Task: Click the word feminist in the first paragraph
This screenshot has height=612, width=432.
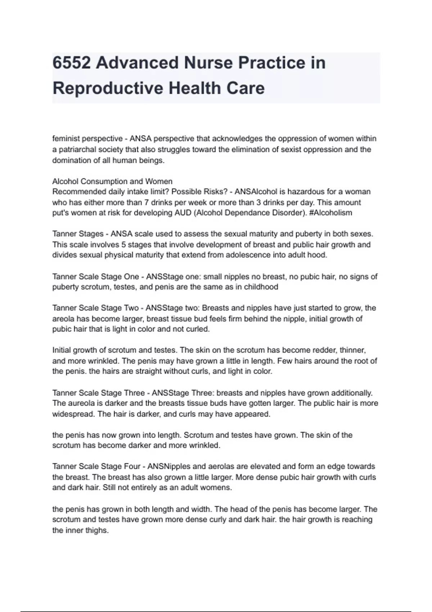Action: (64, 139)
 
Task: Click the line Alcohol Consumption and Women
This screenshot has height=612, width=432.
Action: (112, 181)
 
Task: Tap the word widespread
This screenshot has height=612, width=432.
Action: (71, 414)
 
